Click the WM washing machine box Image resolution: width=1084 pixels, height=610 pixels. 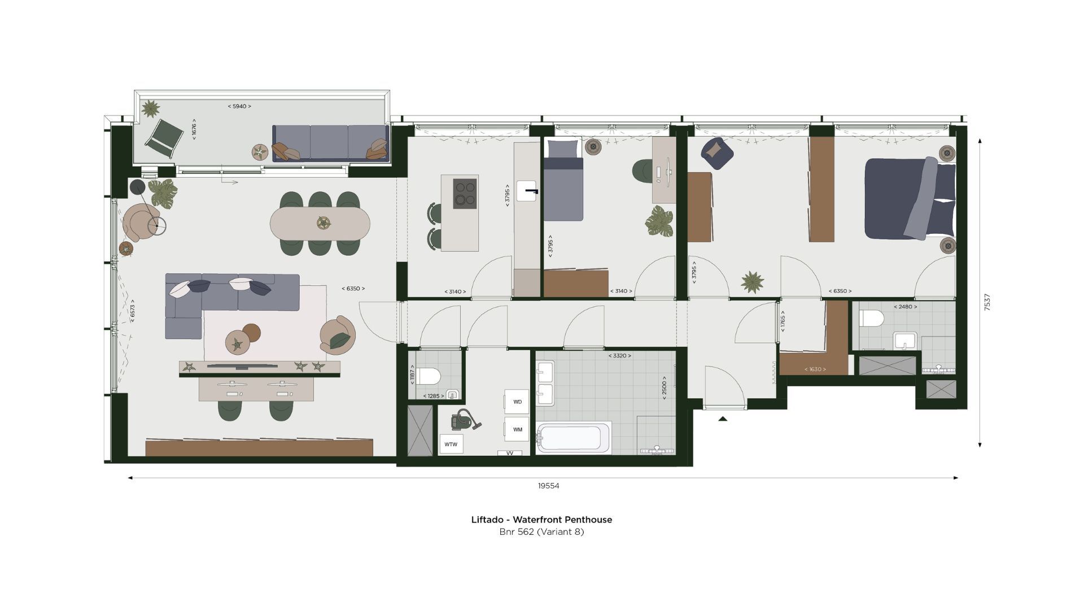517,429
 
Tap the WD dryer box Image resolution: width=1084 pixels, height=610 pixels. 517,402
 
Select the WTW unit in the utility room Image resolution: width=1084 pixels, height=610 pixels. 451,445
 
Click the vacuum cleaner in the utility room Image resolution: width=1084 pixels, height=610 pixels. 465,420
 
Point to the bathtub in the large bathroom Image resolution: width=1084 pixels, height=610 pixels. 573,438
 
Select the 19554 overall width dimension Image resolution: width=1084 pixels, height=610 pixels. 548,486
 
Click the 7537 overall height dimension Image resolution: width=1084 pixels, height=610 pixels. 987,302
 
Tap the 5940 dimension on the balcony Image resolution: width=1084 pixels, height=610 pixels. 239,106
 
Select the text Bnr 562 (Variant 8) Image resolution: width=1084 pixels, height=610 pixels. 541,532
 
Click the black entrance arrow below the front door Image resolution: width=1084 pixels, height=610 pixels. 722,419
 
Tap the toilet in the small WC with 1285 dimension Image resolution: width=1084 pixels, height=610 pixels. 429,376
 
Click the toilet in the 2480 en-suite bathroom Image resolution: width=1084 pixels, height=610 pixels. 871,319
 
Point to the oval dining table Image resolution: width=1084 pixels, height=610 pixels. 320,223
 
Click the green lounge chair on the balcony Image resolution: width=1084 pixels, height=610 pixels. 164,138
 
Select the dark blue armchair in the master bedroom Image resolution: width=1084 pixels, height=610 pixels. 716,152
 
